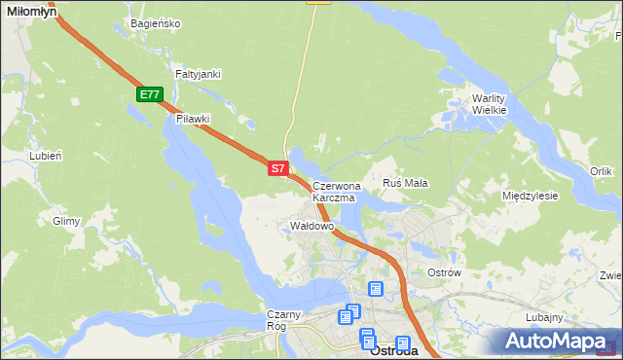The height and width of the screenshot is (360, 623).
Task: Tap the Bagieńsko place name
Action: pyautogui.click(x=154, y=22)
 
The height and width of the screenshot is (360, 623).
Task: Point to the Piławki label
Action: pyautogui.click(x=193, y=119)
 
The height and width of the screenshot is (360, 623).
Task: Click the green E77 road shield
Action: pyautogui.click(x=149, y=94)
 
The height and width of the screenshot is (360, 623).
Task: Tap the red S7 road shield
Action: pyautogui.click(x=277, y=168)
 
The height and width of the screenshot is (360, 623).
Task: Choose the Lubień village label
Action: pyautogui.click(x=46, y=156)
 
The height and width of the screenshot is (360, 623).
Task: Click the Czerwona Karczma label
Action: pyautogui.click(x=336, y=191)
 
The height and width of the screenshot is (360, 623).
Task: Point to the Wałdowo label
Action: pyautogui.click(x=312, y=226)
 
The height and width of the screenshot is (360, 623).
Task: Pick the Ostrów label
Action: pyautogui.click(x=444, y=272)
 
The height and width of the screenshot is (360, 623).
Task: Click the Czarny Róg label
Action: pyautogui.click(x=286, y=320)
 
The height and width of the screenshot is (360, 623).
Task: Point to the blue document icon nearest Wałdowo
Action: pyautogui.click(x=376, y=289)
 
